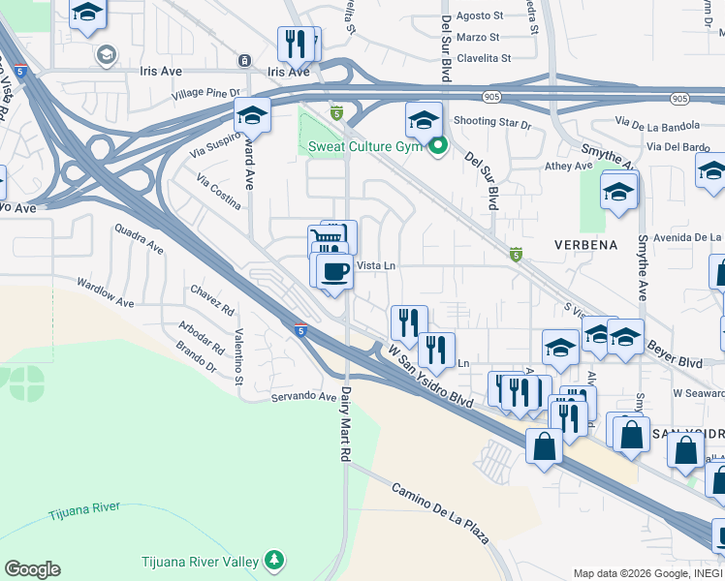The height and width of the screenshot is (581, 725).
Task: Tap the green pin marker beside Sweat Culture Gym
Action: coord(438,147)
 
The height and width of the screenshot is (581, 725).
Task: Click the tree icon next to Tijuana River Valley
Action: coord(275,561)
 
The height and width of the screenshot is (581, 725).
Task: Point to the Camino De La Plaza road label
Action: coord(440,510)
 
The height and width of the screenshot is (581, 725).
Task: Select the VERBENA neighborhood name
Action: coord(585,245)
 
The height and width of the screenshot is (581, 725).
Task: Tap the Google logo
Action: coord(32,569)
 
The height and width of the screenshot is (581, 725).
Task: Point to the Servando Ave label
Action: coord(302,396)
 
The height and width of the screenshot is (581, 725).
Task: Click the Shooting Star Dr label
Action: coord(492,124)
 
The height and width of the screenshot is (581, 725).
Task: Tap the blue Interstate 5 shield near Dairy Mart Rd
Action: coord(300,330)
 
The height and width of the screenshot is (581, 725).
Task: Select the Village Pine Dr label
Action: coord(205,93)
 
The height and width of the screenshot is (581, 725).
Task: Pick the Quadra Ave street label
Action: coord(139,239)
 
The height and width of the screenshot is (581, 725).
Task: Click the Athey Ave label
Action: coord(569,166)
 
